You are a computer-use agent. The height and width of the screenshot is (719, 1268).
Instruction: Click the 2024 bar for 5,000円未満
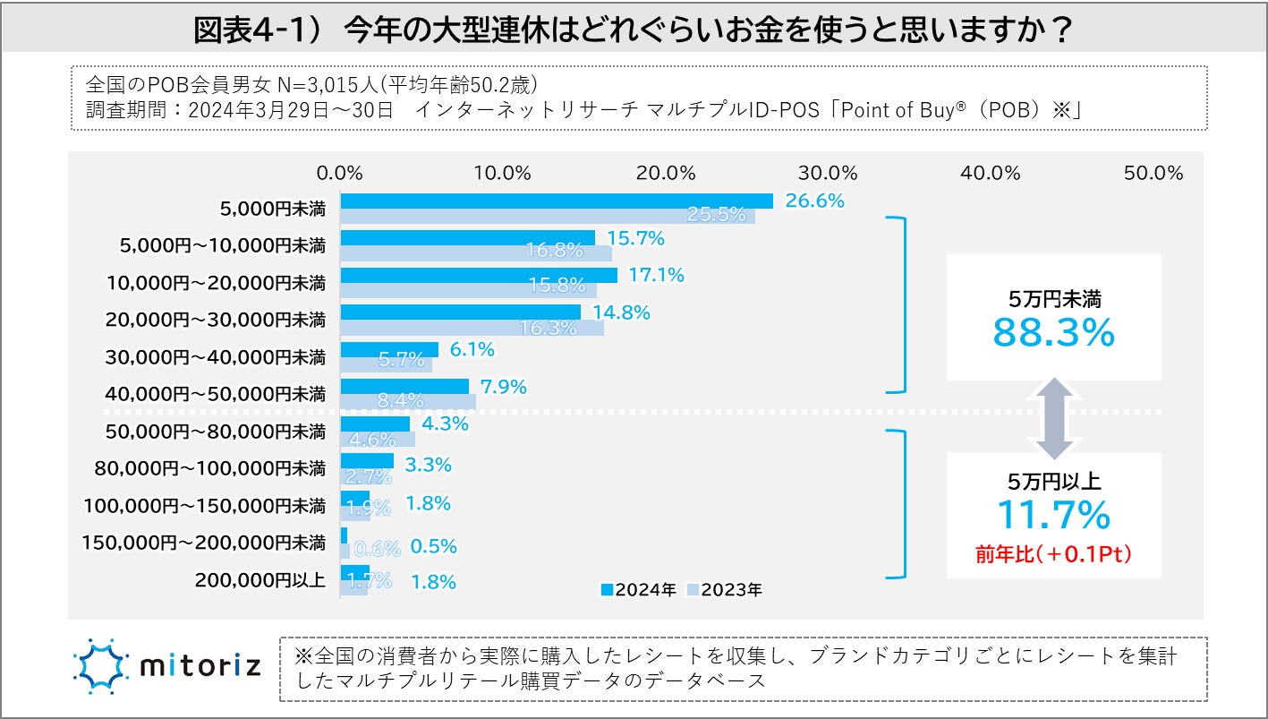556,201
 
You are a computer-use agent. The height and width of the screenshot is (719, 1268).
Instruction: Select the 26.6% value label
814,201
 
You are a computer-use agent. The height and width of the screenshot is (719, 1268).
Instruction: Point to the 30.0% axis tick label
828,174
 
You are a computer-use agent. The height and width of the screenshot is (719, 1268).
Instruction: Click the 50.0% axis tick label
1153,174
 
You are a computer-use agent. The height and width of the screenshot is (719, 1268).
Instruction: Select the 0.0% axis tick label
340,174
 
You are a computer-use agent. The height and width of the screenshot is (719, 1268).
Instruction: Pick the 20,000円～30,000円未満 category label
215,320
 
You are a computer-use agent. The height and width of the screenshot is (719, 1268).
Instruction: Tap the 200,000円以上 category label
260,579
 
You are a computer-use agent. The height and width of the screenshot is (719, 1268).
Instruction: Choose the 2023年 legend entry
724,590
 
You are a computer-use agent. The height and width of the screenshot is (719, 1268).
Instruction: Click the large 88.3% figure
1053,333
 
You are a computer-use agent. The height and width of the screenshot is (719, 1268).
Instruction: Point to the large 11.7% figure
1053,515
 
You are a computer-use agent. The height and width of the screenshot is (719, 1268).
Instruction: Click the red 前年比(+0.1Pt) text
1053,554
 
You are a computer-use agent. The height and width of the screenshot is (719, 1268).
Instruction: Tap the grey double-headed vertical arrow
1053,417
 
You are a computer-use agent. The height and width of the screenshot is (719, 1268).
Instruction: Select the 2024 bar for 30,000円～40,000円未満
389,350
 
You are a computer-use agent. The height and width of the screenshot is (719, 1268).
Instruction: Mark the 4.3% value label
444,424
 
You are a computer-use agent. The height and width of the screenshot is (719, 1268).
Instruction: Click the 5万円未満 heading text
1053,300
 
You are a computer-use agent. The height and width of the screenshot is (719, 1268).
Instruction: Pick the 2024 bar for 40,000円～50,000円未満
404,387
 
